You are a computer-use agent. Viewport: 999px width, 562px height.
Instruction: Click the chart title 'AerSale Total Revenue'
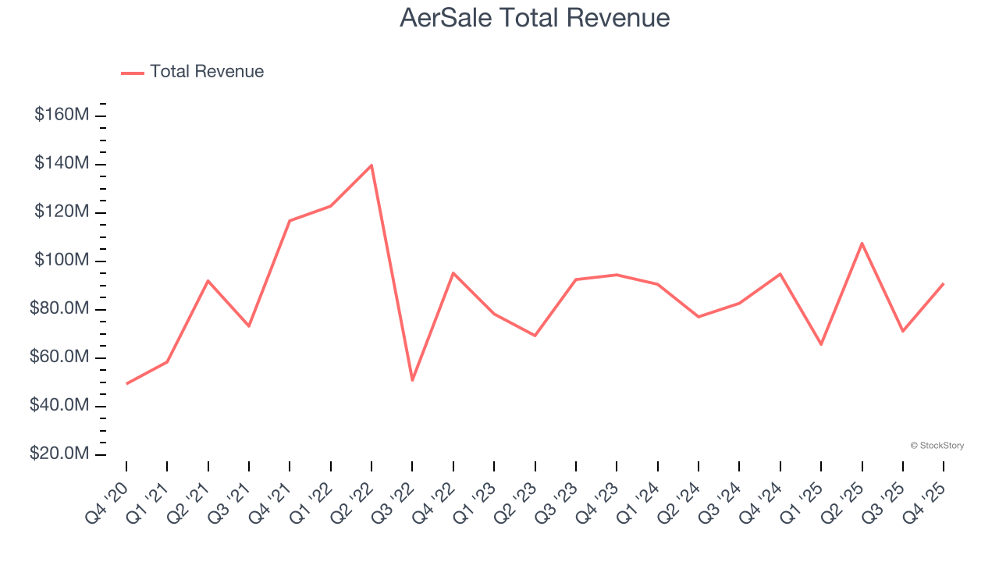[x=535, y=18]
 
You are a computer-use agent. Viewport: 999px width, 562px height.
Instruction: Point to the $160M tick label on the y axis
[x=62, y=116]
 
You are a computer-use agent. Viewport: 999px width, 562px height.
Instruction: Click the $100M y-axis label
[x=62, y=261]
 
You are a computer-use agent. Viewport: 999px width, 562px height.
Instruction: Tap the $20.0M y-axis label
[x=62, y=454]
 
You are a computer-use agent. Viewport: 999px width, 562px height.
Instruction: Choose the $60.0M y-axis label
[x=62, y=357]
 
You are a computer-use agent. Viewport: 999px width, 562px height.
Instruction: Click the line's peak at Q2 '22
[x=372, y=165]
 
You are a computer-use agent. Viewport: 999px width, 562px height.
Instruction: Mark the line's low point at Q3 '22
[x=412, y=380]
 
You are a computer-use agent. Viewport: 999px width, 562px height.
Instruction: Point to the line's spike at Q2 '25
[x=862, y=243]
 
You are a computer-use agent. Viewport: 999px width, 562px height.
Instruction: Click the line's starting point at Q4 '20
[x=126, y=383]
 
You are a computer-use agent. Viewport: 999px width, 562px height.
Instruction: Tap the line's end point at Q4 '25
[x=944, y=283]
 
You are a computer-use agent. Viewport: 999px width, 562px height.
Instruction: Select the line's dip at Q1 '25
[x=821, y=344]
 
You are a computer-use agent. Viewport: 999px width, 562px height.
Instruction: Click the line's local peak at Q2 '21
[x=208, y=280]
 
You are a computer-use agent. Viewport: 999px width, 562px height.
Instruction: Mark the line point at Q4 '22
[x=453, y=272]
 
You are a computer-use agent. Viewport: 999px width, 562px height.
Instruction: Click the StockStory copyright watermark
[x=937, y=446]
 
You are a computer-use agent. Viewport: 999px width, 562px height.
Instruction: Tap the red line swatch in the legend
[x=133, y=73]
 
